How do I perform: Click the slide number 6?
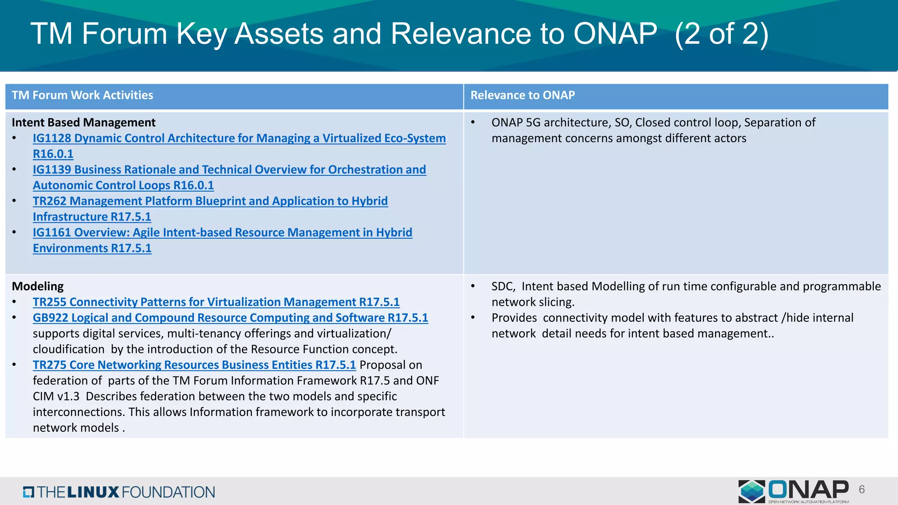862,490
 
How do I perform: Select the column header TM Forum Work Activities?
82,95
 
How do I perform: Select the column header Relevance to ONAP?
522,95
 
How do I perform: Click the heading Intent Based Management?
83,122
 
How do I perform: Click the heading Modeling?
38,286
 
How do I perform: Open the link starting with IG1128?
239,138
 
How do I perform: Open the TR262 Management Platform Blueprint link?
210,201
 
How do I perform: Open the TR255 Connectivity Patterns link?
216,302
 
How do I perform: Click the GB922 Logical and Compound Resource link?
230,318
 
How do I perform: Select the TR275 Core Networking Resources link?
194,365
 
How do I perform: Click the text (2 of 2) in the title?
721,34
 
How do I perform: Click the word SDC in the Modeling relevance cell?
502,287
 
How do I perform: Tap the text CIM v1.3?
56,396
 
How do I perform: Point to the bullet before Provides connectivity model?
473,318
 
